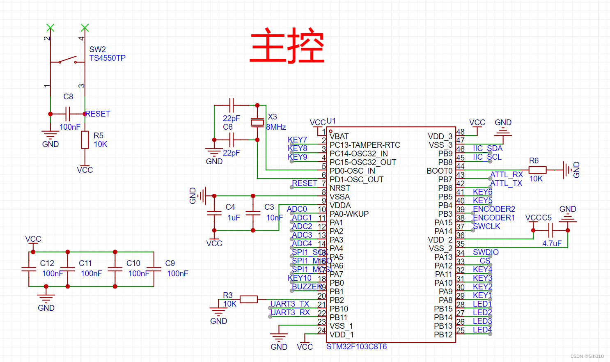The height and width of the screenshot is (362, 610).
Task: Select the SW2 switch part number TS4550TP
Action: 107,58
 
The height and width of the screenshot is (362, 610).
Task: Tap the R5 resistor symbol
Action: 85,140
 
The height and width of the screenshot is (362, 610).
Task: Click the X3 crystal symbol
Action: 257,122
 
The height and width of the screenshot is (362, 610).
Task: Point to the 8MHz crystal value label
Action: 276,127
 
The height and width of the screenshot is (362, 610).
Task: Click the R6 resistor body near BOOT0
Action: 537,170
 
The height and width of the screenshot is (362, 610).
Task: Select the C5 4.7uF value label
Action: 552,243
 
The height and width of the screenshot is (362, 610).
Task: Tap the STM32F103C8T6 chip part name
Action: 356,347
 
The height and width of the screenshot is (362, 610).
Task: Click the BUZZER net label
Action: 307,286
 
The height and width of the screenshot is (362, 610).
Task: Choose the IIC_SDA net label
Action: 487,148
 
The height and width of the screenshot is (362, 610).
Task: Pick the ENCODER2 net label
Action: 494,209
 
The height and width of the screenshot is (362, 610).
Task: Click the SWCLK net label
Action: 486,226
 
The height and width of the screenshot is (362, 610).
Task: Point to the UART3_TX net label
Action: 289,304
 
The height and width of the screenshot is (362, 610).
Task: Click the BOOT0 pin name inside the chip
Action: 439,171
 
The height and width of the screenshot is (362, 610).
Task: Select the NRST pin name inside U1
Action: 339,188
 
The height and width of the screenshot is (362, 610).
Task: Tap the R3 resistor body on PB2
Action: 248,299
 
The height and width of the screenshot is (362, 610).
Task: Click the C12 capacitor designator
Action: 47,263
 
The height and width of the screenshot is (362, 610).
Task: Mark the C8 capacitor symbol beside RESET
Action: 68,114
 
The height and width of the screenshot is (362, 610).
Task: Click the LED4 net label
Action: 482,330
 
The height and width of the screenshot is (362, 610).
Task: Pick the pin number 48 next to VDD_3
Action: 461,132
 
